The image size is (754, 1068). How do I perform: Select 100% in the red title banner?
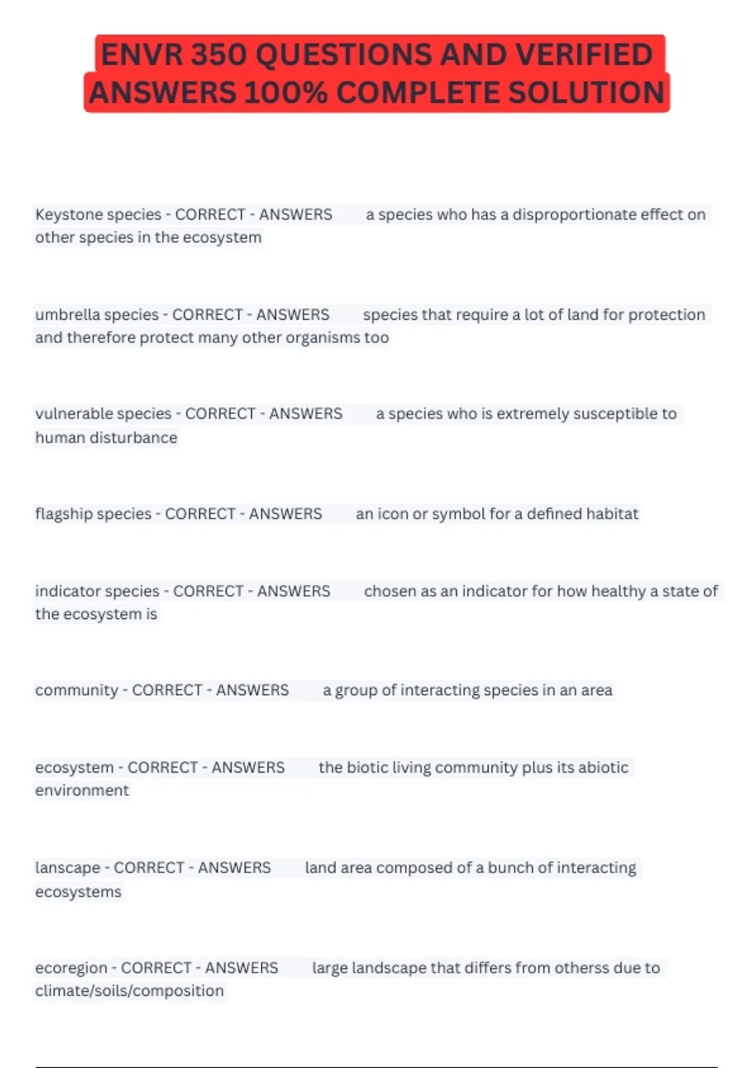click(x=286, y=93)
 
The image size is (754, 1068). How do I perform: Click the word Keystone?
click(x=67, y=215)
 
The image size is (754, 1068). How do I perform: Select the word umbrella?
click(x=65, y=315)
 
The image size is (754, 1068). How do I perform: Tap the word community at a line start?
click(x=76, y=690)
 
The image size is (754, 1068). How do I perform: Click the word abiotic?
click(x=603, y=768)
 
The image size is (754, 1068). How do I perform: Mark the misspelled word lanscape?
click(x=67, y=868)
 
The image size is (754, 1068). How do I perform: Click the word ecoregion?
click(x=71, y=968)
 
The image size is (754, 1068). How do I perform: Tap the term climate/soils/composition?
click(x=129, y=991)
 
